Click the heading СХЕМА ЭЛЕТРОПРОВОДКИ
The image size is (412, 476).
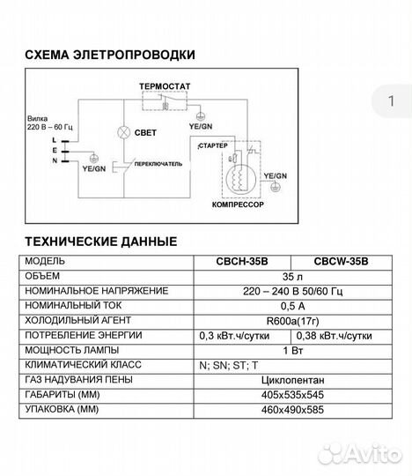[110, 55]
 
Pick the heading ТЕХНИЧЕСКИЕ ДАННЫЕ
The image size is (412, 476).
[100, 241]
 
